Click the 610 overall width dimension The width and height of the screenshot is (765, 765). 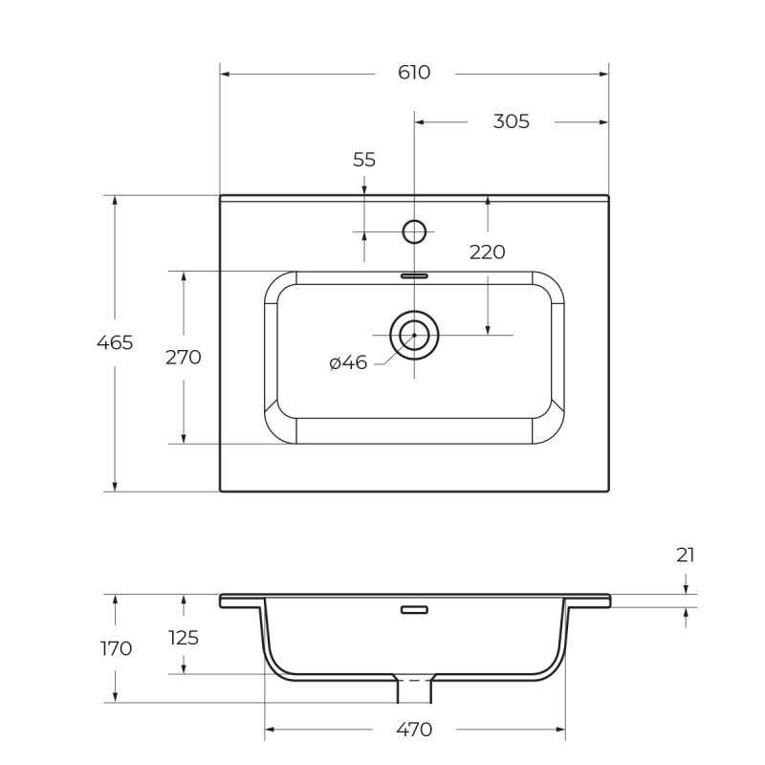(x=414, y=73)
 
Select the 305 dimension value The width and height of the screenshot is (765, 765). (x=511, y=121)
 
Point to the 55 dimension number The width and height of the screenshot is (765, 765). (x=364, y=160)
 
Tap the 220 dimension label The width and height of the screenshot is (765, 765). (x=487, y=252)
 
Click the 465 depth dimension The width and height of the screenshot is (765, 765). (x=115, y=342)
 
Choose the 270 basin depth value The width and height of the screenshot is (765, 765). (x=183, y=357)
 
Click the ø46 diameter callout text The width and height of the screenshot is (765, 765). (x=348, y=362)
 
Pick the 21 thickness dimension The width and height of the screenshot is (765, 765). (x=685, y=556)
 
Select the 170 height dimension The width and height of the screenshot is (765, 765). (x=116, y=648)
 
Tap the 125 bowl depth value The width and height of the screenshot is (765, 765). (x=184, y=638)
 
